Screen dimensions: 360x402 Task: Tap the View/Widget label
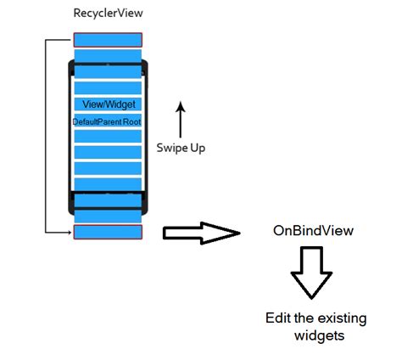pyautogui.click(x=109, y=104)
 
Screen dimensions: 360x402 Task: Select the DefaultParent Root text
pyautogui.click(x=107, y=122)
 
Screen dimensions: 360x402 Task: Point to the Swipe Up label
pyautogui.click(x=181, y=147)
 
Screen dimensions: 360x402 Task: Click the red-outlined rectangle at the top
pyautogui.click(x=108, y=39)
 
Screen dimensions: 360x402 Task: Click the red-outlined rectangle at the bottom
pyautogui.click(x=108, y=232)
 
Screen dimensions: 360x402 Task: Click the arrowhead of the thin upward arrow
pyautogui.click(x=179, y=103)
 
